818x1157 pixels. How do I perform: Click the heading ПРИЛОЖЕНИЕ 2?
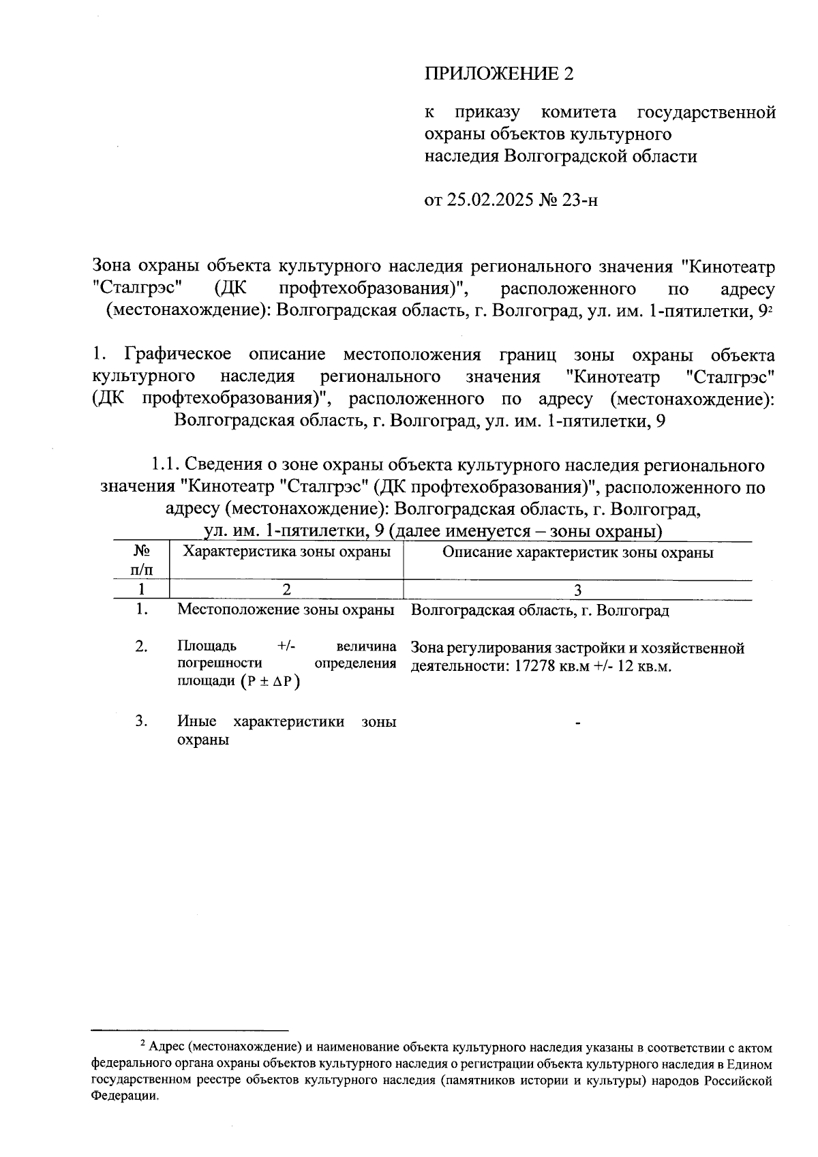point(498,74)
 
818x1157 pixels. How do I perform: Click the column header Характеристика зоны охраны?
point(287,552)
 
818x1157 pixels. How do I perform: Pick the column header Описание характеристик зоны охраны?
point(577,552)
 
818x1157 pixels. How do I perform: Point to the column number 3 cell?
point(577,590)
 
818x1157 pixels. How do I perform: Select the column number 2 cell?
point(286,590)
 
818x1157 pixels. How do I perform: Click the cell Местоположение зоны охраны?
point(286,610)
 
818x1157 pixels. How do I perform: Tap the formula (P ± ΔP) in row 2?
point(270,682)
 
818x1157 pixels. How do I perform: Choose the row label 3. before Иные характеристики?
point(141,721)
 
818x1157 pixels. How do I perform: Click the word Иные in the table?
point(196,721)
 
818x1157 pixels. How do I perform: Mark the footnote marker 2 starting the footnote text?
point(142,1044)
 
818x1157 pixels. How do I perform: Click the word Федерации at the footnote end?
point(127,1097)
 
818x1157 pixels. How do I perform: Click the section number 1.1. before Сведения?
point(165,466)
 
